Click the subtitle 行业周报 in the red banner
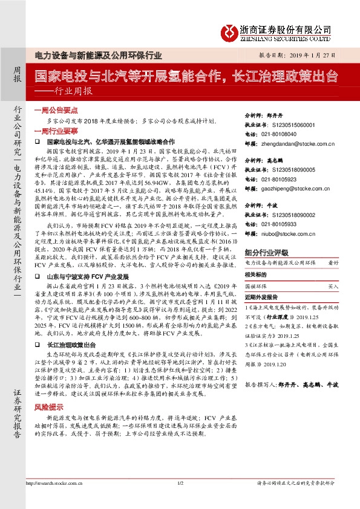coord(73,91)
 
